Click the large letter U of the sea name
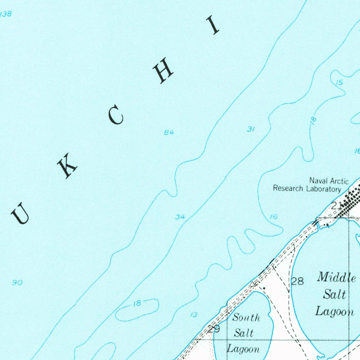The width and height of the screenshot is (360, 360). point(20,214)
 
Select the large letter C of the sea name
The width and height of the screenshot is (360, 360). point(116,116)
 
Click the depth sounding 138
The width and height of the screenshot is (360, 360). point(6,14)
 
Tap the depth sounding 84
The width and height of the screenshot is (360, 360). point(169,133)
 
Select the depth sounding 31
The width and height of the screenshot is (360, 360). point(250,129)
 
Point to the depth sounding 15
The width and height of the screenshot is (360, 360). point(339,83)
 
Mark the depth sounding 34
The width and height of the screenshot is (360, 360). point(180,217)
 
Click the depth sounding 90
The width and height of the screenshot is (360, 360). point(17,282)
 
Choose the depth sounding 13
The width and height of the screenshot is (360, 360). point(194,315)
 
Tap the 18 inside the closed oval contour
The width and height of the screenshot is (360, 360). point(137,303)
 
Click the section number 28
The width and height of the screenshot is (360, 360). point(297,281)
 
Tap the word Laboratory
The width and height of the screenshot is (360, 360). point(323,189)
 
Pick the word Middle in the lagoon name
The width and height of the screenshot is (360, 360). point(336,277)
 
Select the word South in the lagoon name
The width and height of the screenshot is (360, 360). point(246,318)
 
